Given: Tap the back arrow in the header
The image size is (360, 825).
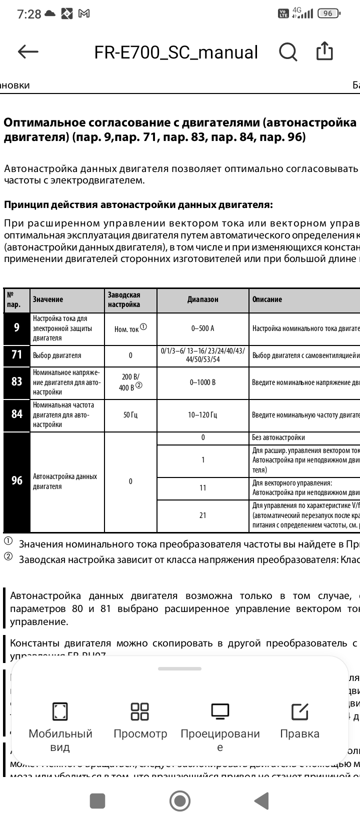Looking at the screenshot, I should (x=28, y=51).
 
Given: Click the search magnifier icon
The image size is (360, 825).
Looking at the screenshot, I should (x=288, y=51).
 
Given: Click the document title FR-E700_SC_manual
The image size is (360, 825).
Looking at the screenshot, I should (x=176, y=52).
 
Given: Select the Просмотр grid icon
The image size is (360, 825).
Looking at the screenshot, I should (x=139, y=711).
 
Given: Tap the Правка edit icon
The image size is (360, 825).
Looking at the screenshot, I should (x=299, y=711).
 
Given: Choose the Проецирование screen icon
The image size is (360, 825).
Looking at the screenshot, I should (x=220, y=711).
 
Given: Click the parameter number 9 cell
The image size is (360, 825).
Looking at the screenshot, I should (x=17, y=328).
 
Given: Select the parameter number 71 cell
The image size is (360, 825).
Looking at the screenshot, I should (x=17, y=355).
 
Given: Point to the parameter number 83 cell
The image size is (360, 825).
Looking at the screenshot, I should (x=17, y=382).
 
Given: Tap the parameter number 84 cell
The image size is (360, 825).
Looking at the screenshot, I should (x=17, y=414).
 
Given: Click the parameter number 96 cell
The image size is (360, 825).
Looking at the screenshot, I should (x=17, y=481).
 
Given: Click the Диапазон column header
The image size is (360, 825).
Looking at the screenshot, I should (x=202, y=299).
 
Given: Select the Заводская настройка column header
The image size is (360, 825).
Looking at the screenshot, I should (x=130, y=299).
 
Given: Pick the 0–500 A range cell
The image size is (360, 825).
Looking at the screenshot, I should (x=202, y=328).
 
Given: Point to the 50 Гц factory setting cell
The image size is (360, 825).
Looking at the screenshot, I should (x=130, y=414).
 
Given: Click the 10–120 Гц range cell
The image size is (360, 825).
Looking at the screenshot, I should (x=202, y=414).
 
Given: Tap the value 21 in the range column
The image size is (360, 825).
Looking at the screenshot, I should (x=202, y=515).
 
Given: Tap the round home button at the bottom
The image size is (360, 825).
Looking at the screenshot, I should (x=179, y=801).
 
